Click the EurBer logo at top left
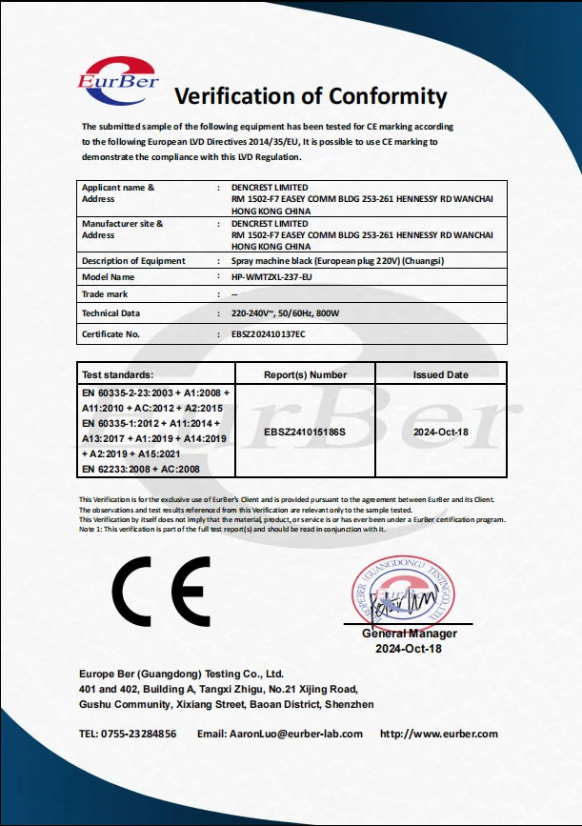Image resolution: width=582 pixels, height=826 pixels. tap(118, 75)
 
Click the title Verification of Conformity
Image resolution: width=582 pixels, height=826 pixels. tap(310, 96)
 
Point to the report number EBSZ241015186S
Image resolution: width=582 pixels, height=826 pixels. tap(304, 431)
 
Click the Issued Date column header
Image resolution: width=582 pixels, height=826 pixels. tap(440, 375)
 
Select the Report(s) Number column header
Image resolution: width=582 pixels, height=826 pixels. tap(305, 375)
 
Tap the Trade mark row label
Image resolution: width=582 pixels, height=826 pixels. tap(105, 294)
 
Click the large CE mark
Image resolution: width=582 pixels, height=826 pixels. tap(161, 591)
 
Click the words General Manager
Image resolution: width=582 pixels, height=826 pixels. tap(410, 634)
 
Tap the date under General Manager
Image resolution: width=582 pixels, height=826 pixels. tap(410, 649)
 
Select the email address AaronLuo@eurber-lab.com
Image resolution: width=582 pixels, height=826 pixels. tap(293, 734)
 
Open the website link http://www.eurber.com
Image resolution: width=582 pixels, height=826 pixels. tap(439, 734)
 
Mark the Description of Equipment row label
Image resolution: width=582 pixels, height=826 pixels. tap(133, 261)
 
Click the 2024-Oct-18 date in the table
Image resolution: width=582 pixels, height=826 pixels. tap(440, 431)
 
